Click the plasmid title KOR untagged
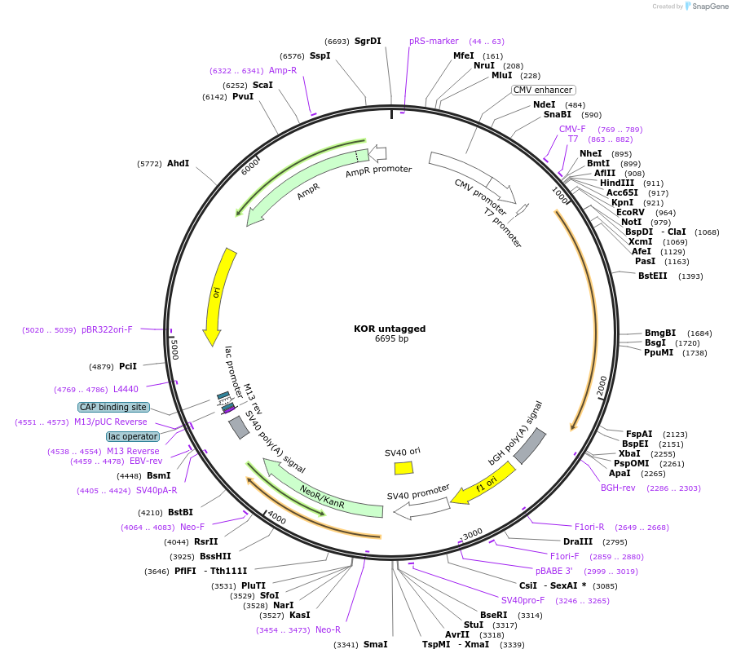[x=390, y=329]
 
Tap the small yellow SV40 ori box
[x=403, y=468]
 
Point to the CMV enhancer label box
[x=544, y=91]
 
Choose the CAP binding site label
[x=113, y=407]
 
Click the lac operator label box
[x=133, y=437]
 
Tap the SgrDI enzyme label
[x=368, y=41]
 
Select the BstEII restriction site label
[x=653, y=276]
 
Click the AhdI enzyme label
[x=179, y=163]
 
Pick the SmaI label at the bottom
[x=375, y=644]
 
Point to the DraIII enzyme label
[x=578, y=541]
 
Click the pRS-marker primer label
[x=434, y=41]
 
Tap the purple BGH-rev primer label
[x=618, y=488]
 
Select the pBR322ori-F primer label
[x=107, y=329]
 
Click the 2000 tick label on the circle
[x=602, y=386]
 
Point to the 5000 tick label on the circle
[x=174, y=349]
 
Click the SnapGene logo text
[x=710, y=6]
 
